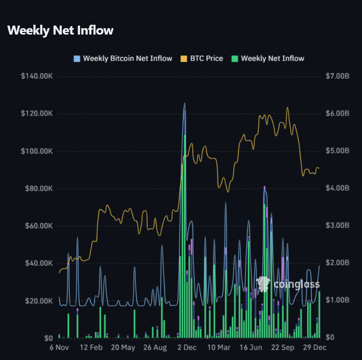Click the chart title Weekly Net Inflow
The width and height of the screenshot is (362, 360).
coord(61,30)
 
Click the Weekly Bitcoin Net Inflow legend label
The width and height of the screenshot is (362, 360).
coord(127,58)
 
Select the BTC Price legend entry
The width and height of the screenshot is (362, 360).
coord(206,58)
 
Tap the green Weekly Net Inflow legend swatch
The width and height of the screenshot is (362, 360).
coord(235,58)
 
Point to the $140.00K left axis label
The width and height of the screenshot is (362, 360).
coord(36,76)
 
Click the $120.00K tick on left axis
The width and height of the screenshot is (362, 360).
coord(36,113)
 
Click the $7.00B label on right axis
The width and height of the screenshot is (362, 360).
coord(338,76)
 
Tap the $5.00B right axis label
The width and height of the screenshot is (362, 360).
coord(338,151)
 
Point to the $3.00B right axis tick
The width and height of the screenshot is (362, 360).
coord(338,226)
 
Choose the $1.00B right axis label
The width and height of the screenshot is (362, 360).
coord(338,300)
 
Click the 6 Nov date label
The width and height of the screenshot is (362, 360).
coord(59,347)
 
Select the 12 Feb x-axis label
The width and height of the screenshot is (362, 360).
coord(91,347)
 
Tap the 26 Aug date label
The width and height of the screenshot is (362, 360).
coord(155,347)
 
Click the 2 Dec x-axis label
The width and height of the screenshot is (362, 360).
coord(187,347)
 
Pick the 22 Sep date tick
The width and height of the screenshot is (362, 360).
coord(283,347)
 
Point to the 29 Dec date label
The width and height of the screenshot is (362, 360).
coord(314,347)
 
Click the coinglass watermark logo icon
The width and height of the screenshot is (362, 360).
coord(263,284)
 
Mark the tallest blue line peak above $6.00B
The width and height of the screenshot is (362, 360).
coord(185,103)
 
